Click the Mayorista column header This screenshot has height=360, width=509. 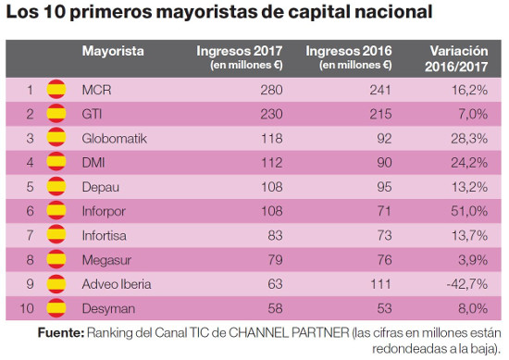click(x=112, y=51)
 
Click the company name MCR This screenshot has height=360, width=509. click(x=96, y=90)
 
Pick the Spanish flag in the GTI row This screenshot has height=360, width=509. click(x=57, y=114)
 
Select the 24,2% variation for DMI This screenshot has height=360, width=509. click(x=468, y=162)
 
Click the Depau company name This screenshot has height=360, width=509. click(x=101, y=185)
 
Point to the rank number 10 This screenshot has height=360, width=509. click(x=29, y=305)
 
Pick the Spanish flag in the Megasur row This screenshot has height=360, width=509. click(x=57, y=257)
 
